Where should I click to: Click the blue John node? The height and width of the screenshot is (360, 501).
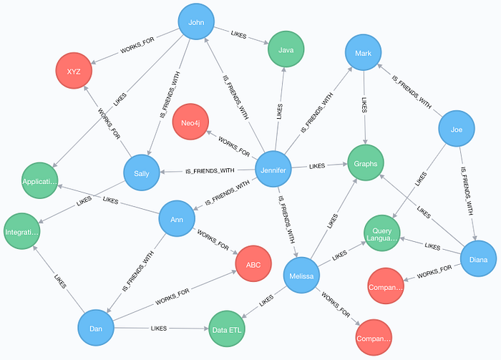click(x=195, y=22)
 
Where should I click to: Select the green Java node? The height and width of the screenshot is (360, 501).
click(x=286, y=49)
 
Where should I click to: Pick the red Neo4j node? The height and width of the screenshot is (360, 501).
click(x=190, y=122)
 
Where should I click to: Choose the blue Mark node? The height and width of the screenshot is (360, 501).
click(x=364, y=53)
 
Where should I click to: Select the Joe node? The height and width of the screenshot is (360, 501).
click(x=457, y=130)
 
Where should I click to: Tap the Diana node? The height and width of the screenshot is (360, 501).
click(x=478, y=260)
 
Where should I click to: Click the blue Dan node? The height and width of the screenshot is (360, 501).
click(x=97, y=329)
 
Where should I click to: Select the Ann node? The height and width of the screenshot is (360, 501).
click(x=177, y=220)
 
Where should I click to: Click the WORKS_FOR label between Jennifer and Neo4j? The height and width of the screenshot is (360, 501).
click(x=233, y=146)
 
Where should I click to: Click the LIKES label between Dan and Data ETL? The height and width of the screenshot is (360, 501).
click(x=160, y=328)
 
